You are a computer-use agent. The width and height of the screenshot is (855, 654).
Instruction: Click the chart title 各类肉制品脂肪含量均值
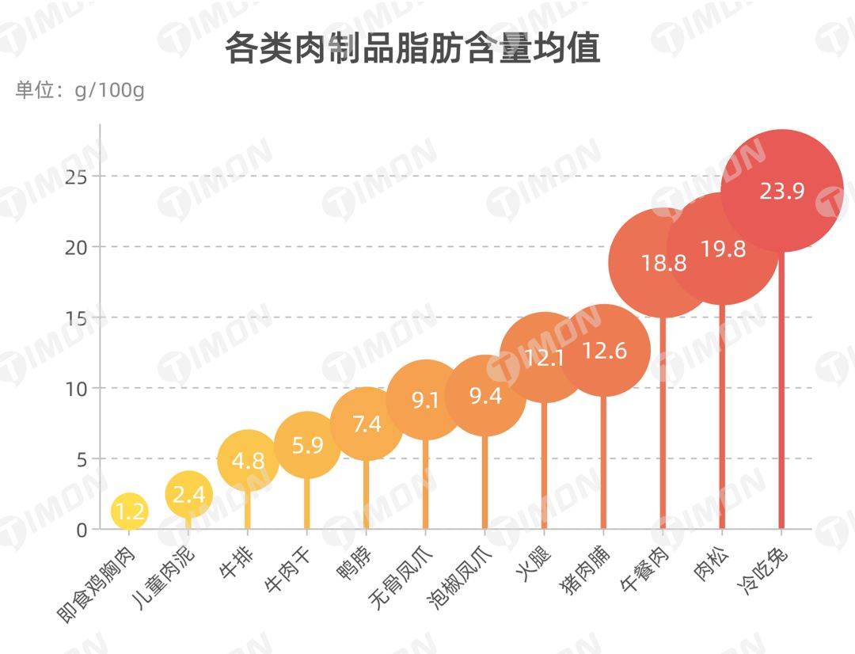pyautogui.click(x=412, y=48)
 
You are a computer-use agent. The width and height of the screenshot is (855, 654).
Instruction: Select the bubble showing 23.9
pyautogui.click(x=782, y=191)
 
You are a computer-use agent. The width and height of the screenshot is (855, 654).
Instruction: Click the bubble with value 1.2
pyautogui.click(x=129, y=511)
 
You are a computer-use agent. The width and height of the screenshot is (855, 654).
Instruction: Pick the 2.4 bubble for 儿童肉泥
pyautogui.click(x=189, y=495)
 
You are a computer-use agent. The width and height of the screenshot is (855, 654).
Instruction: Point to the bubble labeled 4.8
pyautogui.click(x=248, y=461)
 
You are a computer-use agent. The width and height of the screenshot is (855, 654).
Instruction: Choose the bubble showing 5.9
pyautogui.click(x=307, y=445)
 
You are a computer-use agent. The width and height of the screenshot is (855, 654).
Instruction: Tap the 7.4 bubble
pyautogui.click(x=367, y=424)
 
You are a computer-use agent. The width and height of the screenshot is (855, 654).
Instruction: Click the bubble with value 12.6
pyautogui.click(x=604, y=351)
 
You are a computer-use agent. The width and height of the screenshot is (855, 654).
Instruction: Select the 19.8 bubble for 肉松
pyautogui.click(x=723, y=249)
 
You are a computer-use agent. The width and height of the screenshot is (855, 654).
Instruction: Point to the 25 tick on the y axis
pyautogui.click(x=76, y=176)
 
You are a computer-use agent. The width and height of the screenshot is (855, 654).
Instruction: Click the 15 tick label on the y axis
pyautogui.click(x=76, y=317)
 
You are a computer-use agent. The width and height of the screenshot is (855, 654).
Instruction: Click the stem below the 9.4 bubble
pyautogui.click(x=485, y=483)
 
